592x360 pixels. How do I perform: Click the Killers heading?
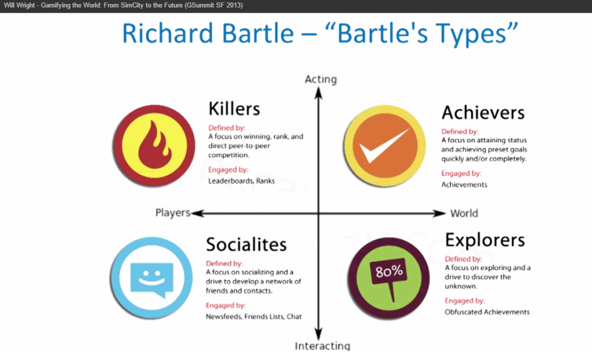click(x=234, y=109)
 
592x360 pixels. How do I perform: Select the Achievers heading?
click(x=483, y=113)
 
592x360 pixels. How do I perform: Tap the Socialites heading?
click(x=246, y=244)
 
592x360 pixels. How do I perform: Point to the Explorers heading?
click(x=485, y=240)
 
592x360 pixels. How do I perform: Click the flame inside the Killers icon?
click(x=154, y=145)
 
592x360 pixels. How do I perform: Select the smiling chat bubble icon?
click(x=152, y=279)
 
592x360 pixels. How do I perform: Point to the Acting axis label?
click(x=321, y=79)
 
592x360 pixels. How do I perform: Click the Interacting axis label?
click(x=323, y=346)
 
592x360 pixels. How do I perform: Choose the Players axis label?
click(x=173, y=213)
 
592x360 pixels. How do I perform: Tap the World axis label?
click(x=464, y=214)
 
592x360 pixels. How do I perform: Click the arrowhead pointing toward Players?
click(x=198, y=214)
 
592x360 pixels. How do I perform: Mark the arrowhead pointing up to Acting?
click(x=319, y=93)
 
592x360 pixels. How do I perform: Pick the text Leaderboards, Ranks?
click(x=241, y=181)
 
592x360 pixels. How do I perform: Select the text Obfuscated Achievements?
click(x=487, y=312)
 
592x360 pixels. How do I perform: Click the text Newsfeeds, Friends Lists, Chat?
click(x=253, y=317)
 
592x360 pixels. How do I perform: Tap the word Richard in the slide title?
click(x=168, y=33)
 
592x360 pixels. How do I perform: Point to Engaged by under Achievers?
click(x=461, y=173)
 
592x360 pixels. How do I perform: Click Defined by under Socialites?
click(x=224, y=263)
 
